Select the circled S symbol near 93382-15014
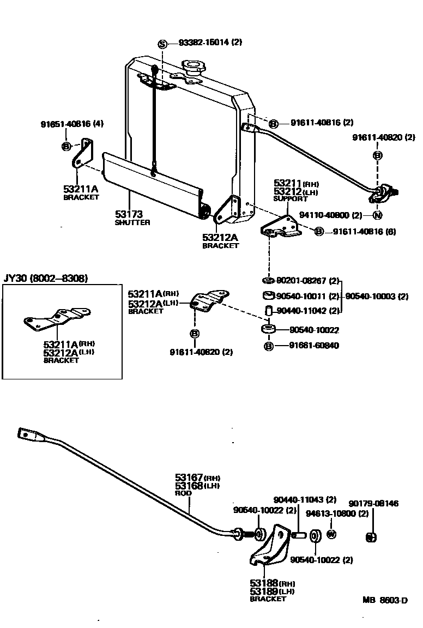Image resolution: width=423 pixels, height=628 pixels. (162, 43)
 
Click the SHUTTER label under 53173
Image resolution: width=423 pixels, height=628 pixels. (132, 222)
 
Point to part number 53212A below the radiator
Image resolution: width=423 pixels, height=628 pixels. (220, 237)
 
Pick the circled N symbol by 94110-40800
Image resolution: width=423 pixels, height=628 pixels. (377, 215)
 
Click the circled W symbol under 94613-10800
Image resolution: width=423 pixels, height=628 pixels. (331, 534)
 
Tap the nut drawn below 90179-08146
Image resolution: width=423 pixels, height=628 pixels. (370, 538)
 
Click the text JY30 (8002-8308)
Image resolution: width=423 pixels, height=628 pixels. (45, 279)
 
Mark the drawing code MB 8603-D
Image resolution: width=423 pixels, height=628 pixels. (385, 601)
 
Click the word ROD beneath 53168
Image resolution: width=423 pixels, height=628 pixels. (183, 493)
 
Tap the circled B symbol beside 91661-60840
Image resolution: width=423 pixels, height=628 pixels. (268, 346)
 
